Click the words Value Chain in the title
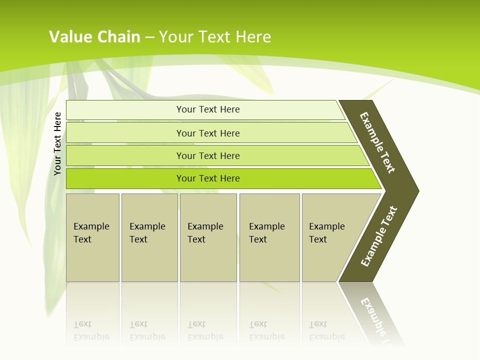(94, 37)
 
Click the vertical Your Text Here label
(57, 144)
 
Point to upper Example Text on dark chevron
(377, 142)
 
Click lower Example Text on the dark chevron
(379, 236)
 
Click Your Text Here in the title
(215, 37)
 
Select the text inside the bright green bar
(208, 178)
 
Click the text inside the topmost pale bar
(208, 109)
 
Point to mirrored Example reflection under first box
(91, 336)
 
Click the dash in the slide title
(149, 37)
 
